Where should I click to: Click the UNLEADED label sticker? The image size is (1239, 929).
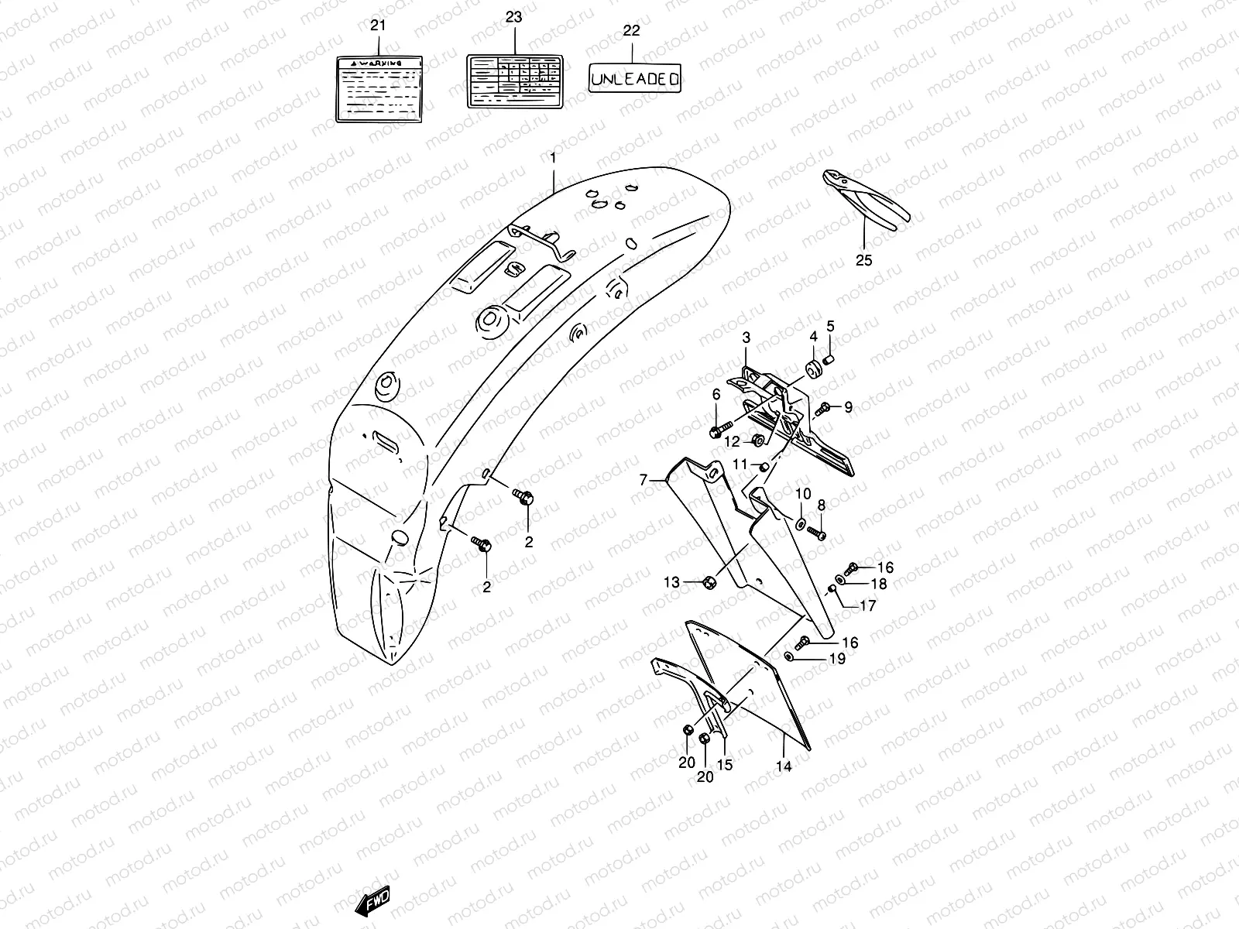coord(635,78)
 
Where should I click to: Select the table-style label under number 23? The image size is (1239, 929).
coord(513,81)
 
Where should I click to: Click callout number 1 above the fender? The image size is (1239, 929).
coord(553,158)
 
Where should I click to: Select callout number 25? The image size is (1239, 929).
coord(863,260)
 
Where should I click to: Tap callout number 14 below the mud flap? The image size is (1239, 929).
coord(784,766)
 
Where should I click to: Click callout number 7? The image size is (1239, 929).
coord(643,481)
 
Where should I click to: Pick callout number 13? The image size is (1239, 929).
coord(671,582)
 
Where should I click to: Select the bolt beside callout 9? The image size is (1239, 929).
coord(823,407)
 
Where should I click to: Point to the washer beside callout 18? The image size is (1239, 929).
coord(841,580)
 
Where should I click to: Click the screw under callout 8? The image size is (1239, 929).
coord(816,533)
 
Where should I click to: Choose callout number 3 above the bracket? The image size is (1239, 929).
coord(746,338)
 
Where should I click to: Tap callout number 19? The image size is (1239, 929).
coord(837,659)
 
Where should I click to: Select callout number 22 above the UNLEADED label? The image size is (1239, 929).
coord(632,31)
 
